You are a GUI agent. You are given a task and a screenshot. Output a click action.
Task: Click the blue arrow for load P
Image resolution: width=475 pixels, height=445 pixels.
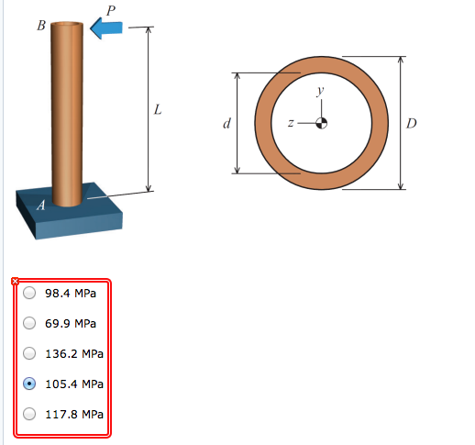[x=107, y=28]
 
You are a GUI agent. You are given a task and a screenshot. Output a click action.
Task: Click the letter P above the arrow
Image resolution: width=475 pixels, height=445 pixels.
[x=111, y=9]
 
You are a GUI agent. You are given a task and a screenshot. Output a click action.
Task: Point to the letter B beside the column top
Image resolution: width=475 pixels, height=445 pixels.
[x=40, y=26]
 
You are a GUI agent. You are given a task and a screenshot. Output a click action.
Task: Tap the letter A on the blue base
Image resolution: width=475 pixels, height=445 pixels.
[x=39, y=206]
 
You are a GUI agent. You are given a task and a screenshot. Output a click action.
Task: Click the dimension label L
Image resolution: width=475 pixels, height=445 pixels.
[x=158, y=110]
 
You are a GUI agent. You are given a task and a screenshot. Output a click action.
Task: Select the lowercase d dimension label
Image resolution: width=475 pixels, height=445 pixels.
[x=226, y=123]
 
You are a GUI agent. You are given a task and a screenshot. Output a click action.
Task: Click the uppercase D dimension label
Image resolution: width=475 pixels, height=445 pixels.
[x=412, y=123]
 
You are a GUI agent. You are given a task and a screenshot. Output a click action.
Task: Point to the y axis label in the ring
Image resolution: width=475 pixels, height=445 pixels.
[x=320, y=90]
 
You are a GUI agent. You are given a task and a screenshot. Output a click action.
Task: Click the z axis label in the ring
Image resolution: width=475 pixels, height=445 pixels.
[x=291, y=123]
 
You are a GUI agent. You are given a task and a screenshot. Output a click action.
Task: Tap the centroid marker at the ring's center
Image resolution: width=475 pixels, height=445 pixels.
[x=321, y=123]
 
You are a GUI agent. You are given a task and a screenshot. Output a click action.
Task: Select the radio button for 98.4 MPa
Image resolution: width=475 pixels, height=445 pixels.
[x=29, y=294]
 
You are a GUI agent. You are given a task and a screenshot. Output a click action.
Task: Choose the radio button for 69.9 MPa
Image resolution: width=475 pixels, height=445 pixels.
[x=29, y=324]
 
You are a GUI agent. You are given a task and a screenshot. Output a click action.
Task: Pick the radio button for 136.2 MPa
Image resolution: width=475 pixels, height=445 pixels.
[x=29, y=353]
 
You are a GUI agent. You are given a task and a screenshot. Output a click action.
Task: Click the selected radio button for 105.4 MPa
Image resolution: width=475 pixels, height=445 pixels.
[x=29, y=384]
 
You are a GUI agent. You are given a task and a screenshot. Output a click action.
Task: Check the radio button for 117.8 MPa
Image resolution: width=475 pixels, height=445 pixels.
[x=29, y=414]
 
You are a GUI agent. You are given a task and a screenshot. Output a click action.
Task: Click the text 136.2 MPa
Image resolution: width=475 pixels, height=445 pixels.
[x=74, y=353]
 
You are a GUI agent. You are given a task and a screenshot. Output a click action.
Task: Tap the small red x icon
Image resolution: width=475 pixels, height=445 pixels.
[x=14, y=280]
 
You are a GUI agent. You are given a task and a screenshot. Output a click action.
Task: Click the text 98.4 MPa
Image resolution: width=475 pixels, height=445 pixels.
[x=71, y=294]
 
